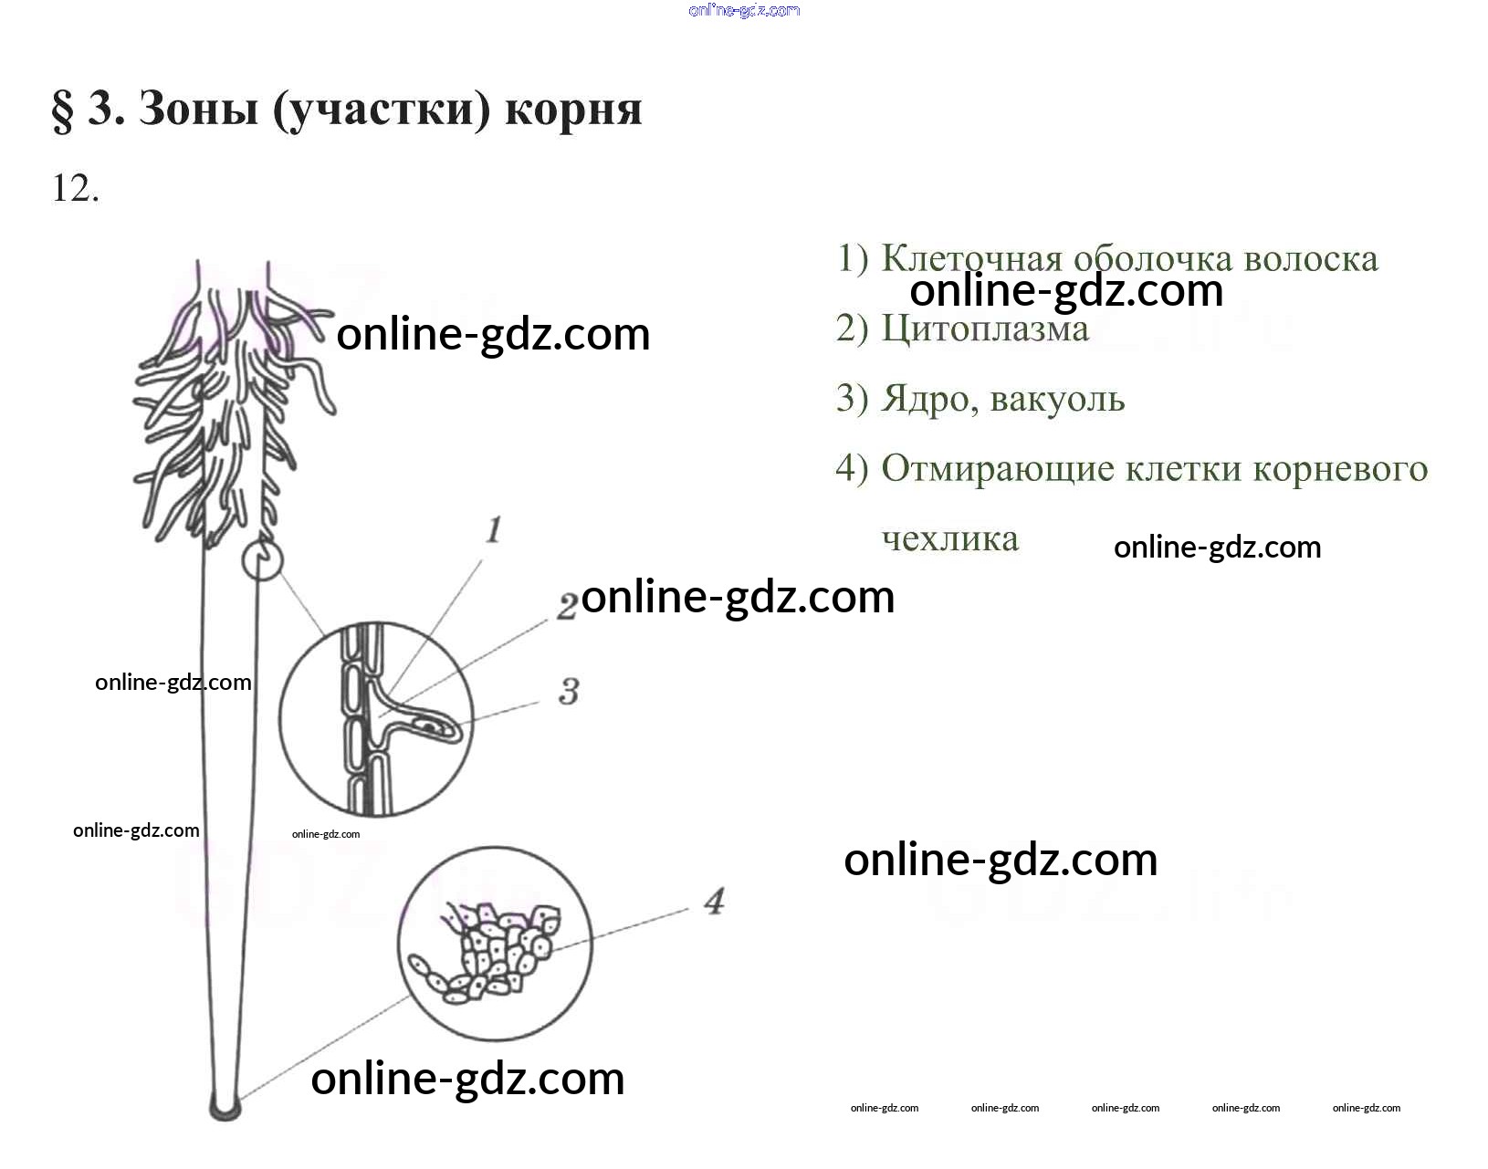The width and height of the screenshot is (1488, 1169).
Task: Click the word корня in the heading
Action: (x=573, y=110)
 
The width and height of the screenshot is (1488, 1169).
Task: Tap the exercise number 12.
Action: (x=75, y=189)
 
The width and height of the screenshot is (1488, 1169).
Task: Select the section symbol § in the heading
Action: (x=62, y=110)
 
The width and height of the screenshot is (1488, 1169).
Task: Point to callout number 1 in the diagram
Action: (x=494, y=529)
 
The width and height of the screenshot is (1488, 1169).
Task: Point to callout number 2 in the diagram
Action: (x=567, y=606)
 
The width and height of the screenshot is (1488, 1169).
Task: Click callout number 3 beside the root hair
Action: (x=569, y=692)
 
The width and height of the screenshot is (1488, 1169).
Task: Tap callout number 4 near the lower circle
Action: (x=714, y=902)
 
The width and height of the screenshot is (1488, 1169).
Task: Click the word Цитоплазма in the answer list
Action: (x=985, y=329)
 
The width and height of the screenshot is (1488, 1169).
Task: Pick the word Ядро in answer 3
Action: (x=925, y=400)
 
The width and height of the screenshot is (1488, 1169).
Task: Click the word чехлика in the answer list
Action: (x=949, y=538)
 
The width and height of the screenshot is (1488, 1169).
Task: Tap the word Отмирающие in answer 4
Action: (x=998, y=469)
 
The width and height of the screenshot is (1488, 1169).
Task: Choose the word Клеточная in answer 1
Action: (x=971, y=259)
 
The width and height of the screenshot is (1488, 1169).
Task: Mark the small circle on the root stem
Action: (x=262, y=559)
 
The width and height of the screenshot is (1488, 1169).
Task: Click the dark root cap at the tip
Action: (x=225, y=1108)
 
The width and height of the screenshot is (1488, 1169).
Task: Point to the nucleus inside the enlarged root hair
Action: (x=428, y=726)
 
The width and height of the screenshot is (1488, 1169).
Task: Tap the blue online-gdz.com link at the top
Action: (x=744, y=10)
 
